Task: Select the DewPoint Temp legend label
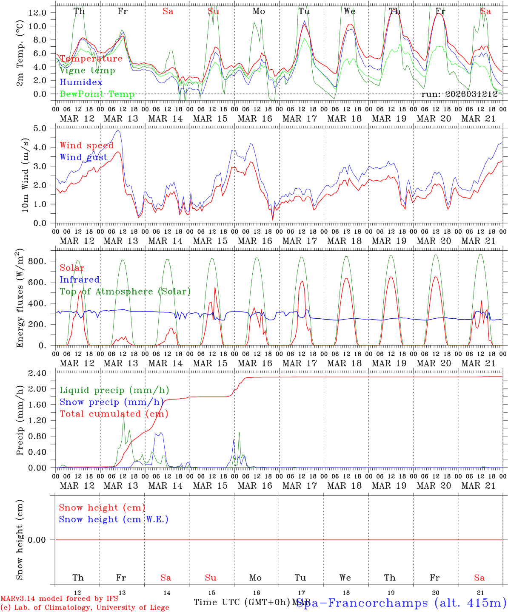click(97, 94)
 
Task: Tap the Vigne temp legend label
click(87, 71)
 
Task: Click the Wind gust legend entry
click(83, 157)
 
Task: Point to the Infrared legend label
click(80, 280)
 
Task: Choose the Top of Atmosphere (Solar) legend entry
click(125, 292)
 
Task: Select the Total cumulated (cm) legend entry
click(114, 414)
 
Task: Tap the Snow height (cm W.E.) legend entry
click(113, 519)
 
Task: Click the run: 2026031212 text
click(459, 94)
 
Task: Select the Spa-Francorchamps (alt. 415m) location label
click(401, 603)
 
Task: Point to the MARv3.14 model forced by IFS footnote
click(59, 598)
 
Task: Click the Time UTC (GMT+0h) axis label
click(242, 602)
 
